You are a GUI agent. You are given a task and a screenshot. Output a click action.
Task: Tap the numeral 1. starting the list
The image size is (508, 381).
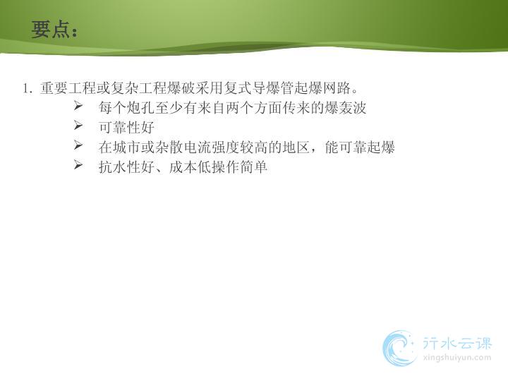pos(28,88)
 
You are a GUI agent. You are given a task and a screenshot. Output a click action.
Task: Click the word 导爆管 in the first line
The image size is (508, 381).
pos(273,88)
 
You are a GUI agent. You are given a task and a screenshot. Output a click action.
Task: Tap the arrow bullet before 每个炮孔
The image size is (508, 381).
pos(78,105)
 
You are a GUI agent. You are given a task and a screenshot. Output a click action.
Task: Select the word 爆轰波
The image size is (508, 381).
pos(345,108)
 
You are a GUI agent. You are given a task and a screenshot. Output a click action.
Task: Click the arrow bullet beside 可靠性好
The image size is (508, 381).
pos(78,125)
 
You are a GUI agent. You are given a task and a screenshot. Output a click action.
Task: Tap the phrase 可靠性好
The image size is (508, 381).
pos(127,128)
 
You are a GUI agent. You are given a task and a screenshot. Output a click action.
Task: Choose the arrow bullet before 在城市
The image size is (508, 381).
pos(78,145)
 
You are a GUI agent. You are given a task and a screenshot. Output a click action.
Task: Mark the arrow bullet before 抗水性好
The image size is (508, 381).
pos(78,165)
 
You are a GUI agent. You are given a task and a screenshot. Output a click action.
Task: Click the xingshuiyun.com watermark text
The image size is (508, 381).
pos(457,358)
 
